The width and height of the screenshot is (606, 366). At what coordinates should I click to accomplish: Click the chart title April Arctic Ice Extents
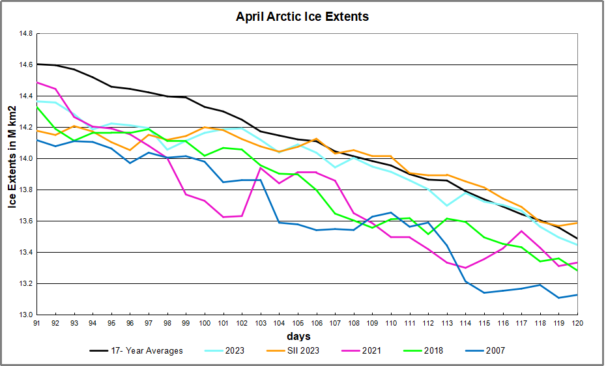302,17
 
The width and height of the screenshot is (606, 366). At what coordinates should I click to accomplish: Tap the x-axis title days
298,336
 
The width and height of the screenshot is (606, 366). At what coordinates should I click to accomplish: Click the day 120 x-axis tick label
577,322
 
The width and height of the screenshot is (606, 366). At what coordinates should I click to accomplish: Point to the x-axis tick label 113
448,322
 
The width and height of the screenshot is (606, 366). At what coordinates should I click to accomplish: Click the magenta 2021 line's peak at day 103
261,168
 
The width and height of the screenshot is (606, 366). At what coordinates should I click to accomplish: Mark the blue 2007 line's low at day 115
484,292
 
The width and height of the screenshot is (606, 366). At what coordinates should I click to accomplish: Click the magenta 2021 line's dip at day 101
224,217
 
